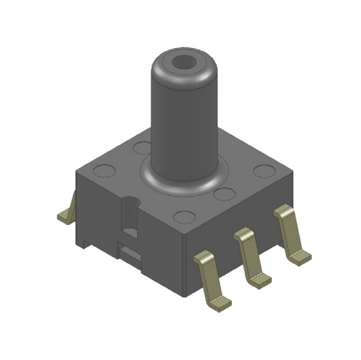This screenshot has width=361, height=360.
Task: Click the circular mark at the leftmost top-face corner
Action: (104, 171)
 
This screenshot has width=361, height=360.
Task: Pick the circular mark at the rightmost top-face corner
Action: (263, 171)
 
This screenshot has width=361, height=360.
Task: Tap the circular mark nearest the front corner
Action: (184, 216)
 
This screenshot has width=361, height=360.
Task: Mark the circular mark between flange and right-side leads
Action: (225, 194)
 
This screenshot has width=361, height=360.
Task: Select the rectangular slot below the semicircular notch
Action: (129, 253)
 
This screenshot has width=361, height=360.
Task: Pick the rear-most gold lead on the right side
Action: (290, 234)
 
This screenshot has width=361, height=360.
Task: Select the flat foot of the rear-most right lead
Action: (300, 258)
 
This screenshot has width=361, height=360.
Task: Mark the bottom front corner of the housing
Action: (184, 295)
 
